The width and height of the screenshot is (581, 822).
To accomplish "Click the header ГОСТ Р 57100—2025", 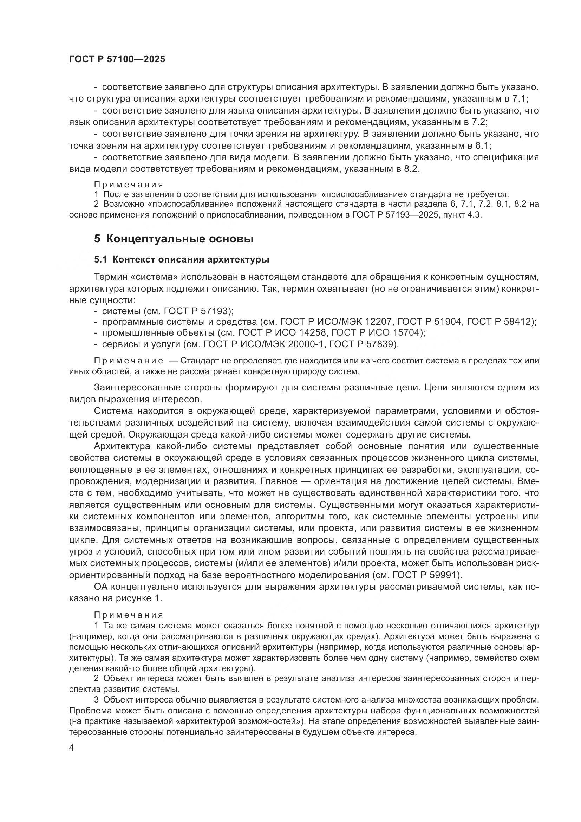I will click(117, 59).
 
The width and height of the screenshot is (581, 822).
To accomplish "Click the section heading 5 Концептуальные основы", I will click(174, 239).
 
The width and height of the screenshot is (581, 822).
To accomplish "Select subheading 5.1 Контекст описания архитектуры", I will click(181, 260).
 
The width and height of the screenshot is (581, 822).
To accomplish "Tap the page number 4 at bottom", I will click(72, 748).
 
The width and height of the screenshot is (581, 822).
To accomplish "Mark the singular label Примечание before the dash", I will click(129, 361).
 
